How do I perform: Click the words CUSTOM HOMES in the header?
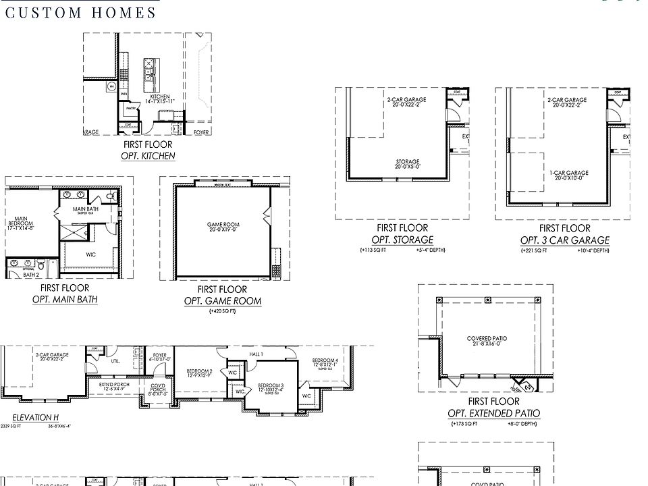(80, 13)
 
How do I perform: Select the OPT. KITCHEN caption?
(148, 156)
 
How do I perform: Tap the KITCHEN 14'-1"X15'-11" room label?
(160, 99)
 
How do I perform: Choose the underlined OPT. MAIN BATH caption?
(65, 299)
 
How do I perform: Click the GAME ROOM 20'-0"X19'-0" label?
(223, 227)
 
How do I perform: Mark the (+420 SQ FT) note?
(223, 312)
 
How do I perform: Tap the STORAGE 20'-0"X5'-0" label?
(408, 164)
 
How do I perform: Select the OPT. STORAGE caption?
(402, 240)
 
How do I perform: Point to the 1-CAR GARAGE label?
(568, 175)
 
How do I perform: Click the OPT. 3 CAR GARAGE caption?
(564, 240)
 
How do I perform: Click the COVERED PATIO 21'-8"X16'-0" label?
(487, 342)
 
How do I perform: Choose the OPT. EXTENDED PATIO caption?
(494, 413)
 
